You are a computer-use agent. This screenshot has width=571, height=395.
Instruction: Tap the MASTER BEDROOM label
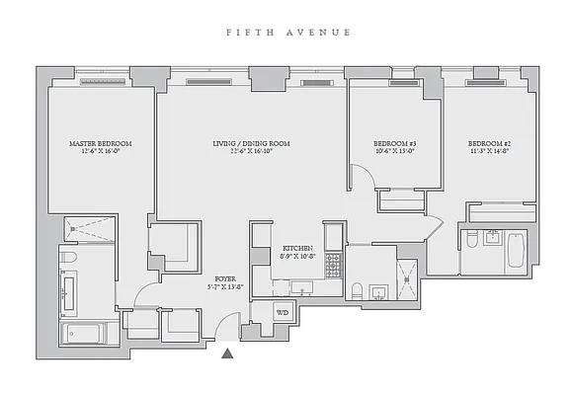(x=100, y=148)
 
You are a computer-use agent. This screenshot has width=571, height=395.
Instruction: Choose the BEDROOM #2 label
(x=488, y=148)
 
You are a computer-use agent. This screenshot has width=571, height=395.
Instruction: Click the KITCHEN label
(x=297, y=252)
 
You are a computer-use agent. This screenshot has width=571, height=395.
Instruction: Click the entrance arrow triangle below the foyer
(x=229, y=353)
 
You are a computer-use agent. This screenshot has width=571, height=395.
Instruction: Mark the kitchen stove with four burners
(x=333, y=264)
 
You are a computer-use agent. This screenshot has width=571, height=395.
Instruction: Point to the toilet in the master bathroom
(x=68, y=259)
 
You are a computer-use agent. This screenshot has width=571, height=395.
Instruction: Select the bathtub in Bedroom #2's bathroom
(x=517, y=251)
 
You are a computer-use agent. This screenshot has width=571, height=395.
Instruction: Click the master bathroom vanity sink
(x=69, y=294)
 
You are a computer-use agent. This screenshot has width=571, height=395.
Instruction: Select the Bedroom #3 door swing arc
(x=363, y=180)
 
